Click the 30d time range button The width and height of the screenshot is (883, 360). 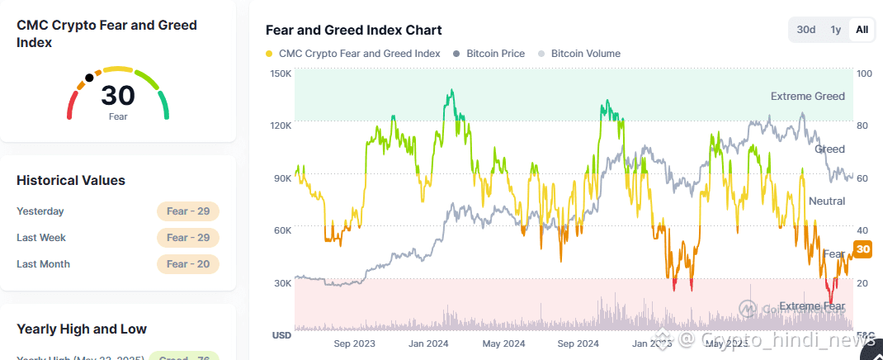805,30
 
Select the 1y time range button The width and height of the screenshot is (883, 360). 835,30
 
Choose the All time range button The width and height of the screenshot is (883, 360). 862,30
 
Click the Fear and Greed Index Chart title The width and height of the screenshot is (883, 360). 353,30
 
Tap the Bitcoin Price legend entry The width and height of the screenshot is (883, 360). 495,54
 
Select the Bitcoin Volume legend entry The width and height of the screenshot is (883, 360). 585,54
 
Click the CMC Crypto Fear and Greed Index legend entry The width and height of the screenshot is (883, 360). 359,54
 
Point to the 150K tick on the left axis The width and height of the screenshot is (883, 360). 281,73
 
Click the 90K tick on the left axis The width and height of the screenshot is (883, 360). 282,178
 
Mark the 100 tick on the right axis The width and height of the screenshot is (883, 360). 864,73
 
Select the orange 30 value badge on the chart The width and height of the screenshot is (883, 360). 862,249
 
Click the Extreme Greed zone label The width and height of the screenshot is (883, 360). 807,97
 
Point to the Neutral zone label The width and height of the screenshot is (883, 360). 826,201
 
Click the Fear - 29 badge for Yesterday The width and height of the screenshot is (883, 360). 187,211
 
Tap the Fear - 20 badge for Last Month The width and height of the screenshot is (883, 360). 187,264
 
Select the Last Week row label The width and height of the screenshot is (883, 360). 41,238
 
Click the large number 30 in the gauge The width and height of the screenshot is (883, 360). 118,97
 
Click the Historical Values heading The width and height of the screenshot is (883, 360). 71,180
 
